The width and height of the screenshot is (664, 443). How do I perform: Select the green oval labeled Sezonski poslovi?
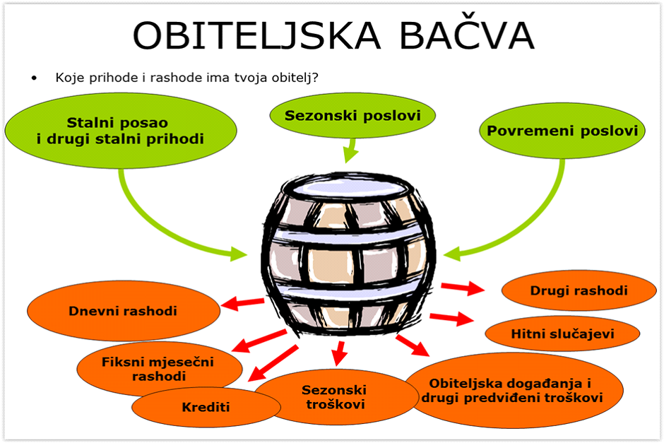pyautogui.click(x=352, y=115)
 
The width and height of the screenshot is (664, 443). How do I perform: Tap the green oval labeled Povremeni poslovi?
pyautogui.click(x=562, y=131)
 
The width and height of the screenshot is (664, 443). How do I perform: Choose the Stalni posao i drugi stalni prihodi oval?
pyautogui.click(x=121, y=131)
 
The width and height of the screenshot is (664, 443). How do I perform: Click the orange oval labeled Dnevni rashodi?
pyautogui.click(x=123, y=311)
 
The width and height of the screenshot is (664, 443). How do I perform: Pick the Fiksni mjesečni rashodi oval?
pyautogui.click(x=158, y=369)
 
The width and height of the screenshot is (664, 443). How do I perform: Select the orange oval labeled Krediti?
pyautogui.click(x=206, y=406)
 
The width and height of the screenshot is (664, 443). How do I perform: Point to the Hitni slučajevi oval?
pyautogui.click(x=562, y=333)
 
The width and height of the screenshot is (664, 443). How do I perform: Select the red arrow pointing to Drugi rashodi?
pyautogui.click(x=463, y=287)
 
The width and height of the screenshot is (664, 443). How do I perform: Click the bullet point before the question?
pyautogui.click(x=33, y=77)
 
